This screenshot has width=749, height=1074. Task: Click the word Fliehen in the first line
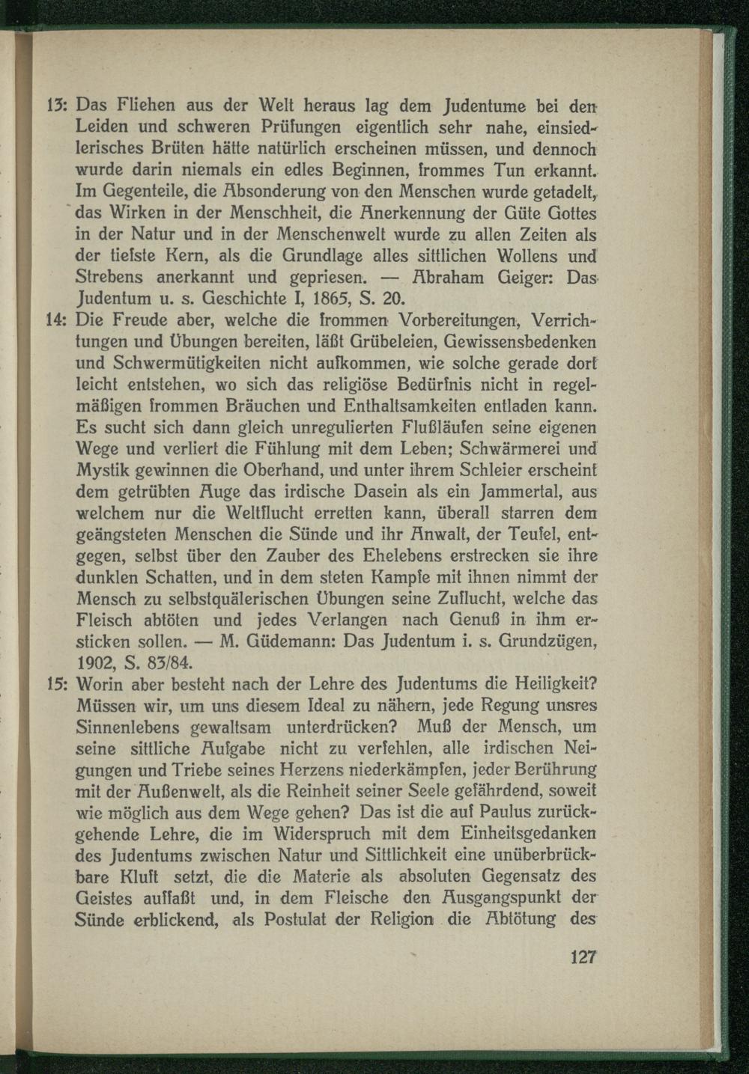click(x=147, y=106)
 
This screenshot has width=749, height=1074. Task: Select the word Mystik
click(x=103, y=472)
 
